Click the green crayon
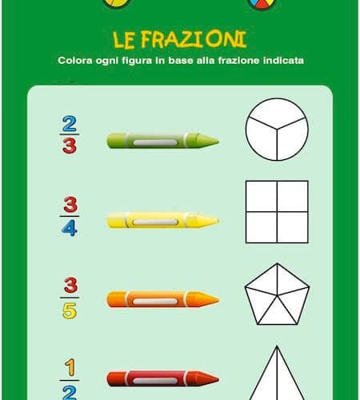[x=162, y=141]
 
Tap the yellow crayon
[x=162, y=220]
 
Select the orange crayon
[x=162, y=299]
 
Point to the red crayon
[x=162, y=378]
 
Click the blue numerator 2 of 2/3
[x=70, y=123]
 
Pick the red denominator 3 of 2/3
[x=70, y=146]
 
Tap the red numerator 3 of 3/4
[x=70, y=205]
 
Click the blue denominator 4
[x=70, y=228]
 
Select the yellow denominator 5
[x=70, y=310]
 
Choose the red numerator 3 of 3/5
[x=70, y=285]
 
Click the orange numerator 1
[x=70, y=367]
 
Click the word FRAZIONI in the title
[x=194, y=40]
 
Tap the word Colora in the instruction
[x=75, y=61]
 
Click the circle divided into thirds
[x=277, y=130]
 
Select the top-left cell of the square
[x=262, y=196]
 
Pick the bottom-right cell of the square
[x=293, y=227]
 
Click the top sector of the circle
[x=277, y=111]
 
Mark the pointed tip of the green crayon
[x=218, y=142]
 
